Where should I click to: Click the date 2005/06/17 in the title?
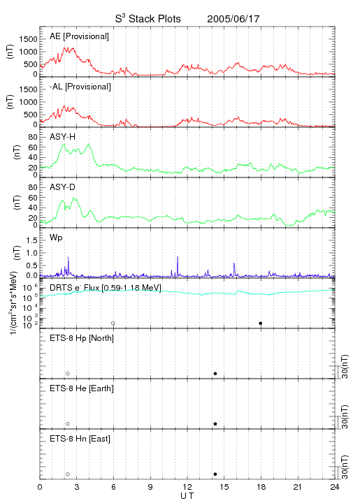(233, 19)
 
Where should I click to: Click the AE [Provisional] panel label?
(79, 36)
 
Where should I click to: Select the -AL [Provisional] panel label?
(80, 87)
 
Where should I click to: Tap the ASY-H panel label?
(63, 137)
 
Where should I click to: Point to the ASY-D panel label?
(63, 187)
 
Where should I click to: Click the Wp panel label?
(56, 238)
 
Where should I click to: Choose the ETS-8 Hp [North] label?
(82, 338)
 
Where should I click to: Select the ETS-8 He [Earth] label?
(82, 388)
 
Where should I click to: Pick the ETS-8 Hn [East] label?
(80, 439)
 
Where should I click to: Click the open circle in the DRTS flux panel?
(113, 323)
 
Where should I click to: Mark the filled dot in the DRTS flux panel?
(261, 323)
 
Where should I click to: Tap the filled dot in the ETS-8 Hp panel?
(215, 373)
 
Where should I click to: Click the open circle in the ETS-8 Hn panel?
(68, 474)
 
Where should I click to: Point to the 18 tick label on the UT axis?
(261, 487)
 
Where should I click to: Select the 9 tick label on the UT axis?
(150, 487)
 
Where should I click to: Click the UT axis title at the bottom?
(187, 496)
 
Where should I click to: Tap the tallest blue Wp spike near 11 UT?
(178, 265)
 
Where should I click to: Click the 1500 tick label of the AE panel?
(28, 39)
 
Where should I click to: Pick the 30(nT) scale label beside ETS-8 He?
(345, 416)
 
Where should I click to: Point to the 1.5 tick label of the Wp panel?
(31, 240)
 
